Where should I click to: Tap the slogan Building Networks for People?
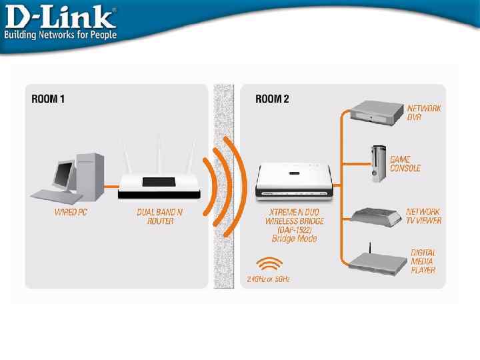click(x=60, y=34)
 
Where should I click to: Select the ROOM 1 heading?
click(x=49, y=99)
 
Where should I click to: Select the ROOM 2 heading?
click(x=273, y=99)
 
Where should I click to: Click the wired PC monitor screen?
click(x=64, y=174)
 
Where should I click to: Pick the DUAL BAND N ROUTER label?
click(x=160, y=217)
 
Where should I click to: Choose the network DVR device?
click(x=377, y=111)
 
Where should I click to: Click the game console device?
click(x=379, y=164)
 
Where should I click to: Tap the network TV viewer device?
click(x=376, y=215)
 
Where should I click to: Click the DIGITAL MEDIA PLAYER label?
click(x=423, y=261)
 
